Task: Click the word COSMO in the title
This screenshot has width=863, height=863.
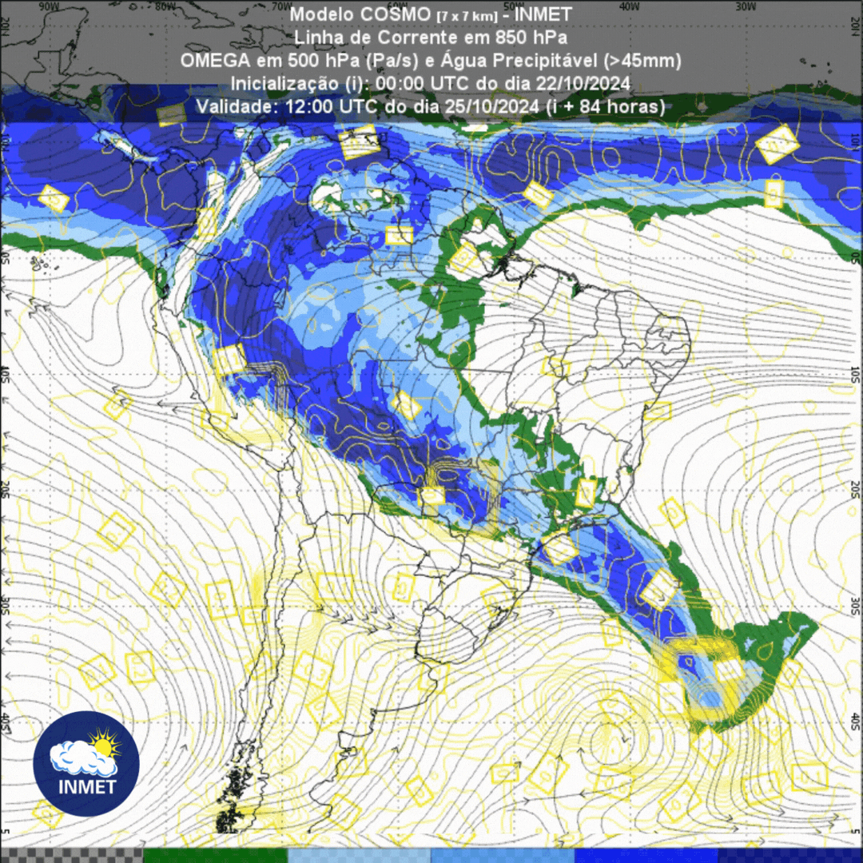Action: [x=393, y=15]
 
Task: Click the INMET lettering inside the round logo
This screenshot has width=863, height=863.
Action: [x=86, y=786]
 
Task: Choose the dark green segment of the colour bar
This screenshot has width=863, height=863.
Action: [x=216, y=855]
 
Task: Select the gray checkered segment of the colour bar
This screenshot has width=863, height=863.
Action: [x=72, y=855]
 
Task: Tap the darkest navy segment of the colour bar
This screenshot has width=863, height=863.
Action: [x=791, y=855]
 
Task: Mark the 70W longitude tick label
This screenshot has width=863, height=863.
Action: [x=282, y=6]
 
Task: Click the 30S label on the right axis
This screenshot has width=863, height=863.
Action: [x=856, y=603]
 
